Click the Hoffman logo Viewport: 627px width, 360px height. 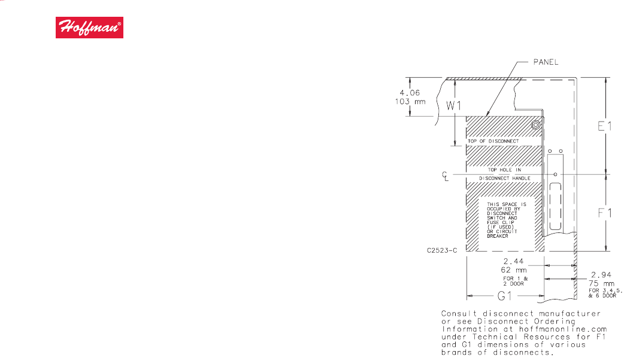[90, 28]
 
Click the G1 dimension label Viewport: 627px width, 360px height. [504, 297]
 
